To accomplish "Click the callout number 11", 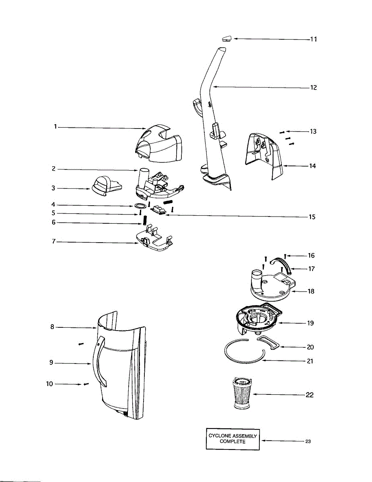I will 313,39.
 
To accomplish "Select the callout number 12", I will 313,88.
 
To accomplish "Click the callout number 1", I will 56,127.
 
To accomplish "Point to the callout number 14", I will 312,165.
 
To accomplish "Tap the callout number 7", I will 53,242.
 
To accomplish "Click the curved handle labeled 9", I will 99,361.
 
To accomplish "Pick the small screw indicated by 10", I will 86,384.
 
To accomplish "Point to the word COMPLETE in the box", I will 232,441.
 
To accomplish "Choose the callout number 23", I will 308,441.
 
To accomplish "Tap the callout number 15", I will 312,217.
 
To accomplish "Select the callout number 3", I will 53,188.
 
